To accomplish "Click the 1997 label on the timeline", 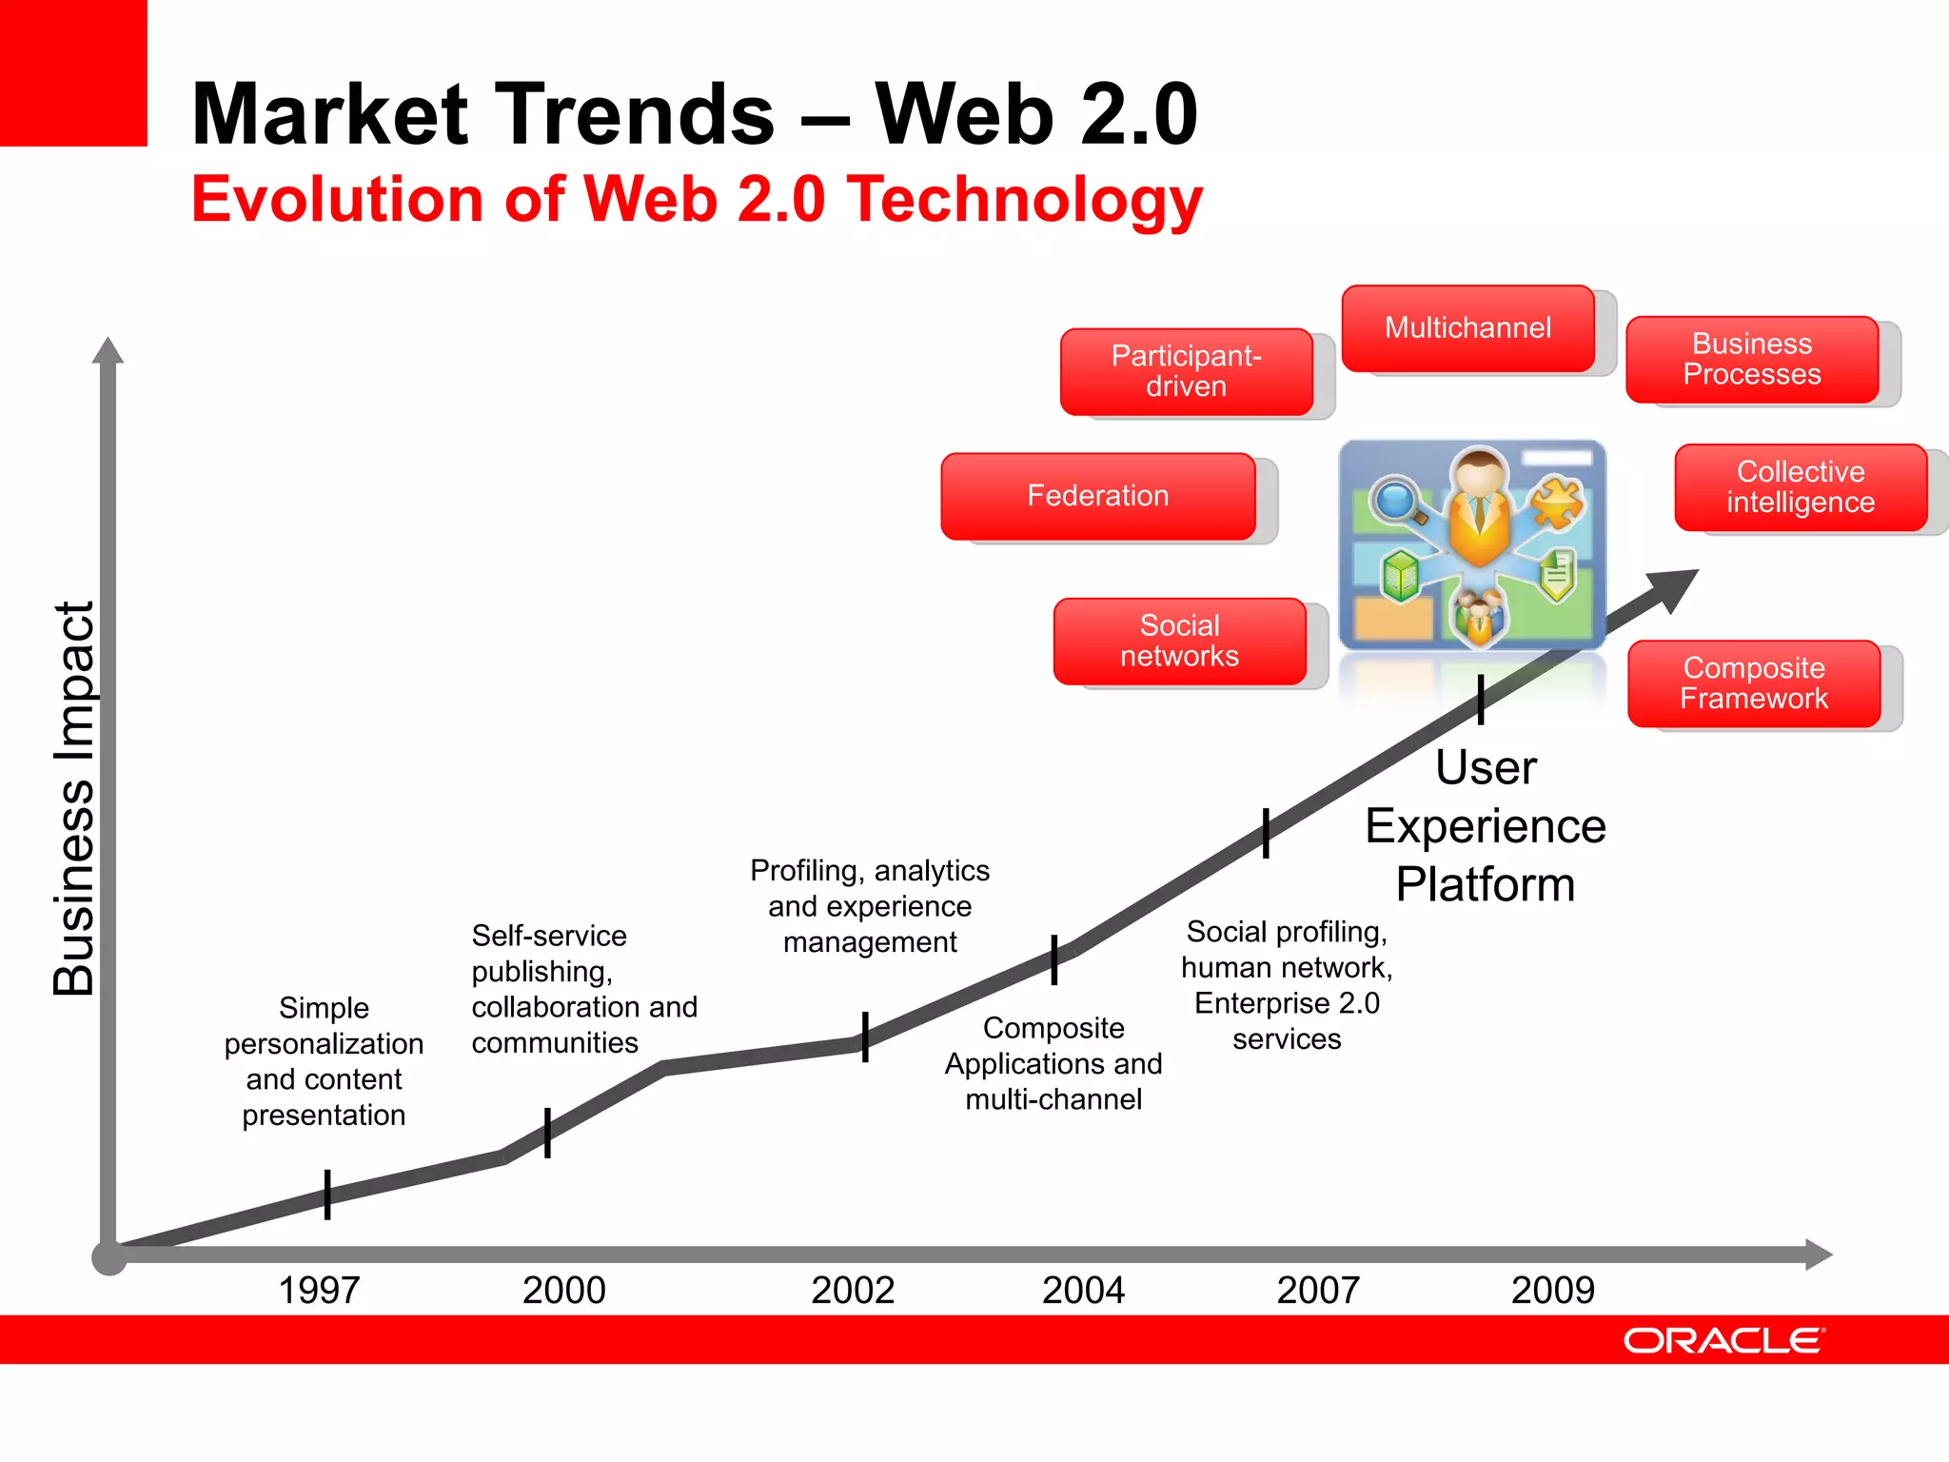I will [x=319, y=1290].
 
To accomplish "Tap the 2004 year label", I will [x=1083, y=1290].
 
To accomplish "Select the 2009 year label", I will [x=1552, y=1290].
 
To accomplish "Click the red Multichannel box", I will [x=1467, y=328].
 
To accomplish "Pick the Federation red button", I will [x=1097, y=496].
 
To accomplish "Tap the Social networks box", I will [x=1179, y=641].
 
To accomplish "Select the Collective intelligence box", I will [x=1800, y=486].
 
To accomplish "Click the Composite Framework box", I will [x=1753, y=683].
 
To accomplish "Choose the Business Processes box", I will [x=1751, y=359].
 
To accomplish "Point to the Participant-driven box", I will [x=1186, y=371].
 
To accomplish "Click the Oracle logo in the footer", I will [x=1723, y=1340].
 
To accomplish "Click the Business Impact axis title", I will [x=74, y=800].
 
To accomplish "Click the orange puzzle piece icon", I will [x=1556, y=503].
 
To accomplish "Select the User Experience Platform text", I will [x=1485, y=826].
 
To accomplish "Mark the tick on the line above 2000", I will [x=547, y=1132].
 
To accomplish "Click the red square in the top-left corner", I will [x=73, y=72].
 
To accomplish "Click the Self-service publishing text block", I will [x=583, y=989].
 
